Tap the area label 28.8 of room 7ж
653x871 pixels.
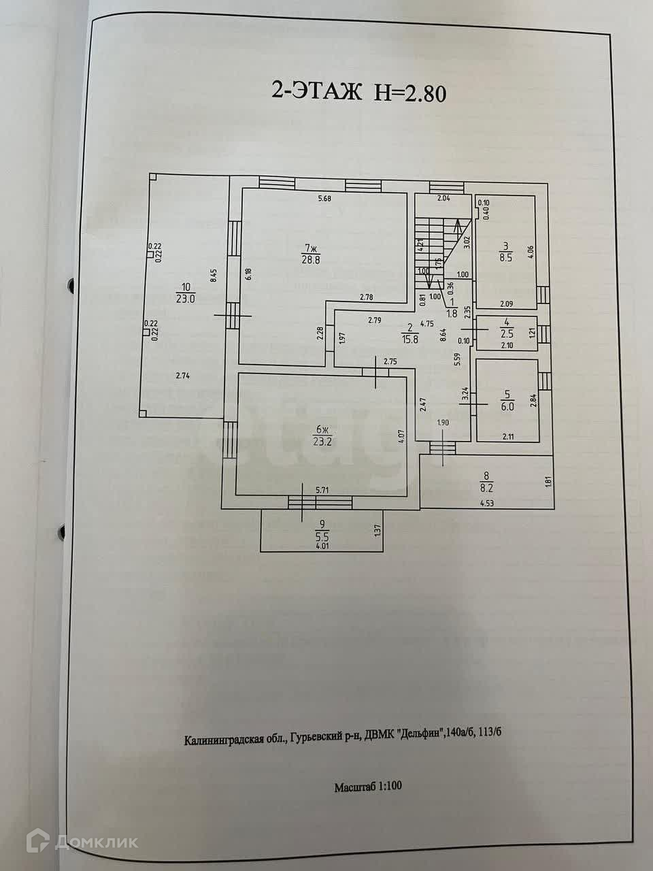[x=312, y=258]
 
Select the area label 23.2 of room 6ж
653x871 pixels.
[x=322, y=440]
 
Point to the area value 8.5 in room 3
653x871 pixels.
[x=506, y=258]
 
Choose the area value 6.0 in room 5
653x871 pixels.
[x=507, y=402]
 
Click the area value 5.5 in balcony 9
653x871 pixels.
[x=323, y=536]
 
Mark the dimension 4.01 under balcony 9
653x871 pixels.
[x=322, y=544]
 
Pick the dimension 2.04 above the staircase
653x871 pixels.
[x=443, y=199]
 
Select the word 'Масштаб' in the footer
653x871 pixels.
[x=352, y=787]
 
